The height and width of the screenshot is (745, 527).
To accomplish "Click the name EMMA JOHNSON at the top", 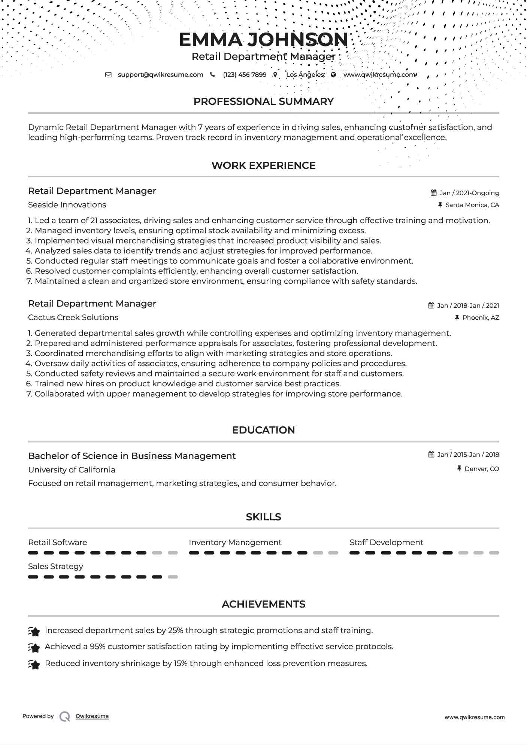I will click(x=263, y=40).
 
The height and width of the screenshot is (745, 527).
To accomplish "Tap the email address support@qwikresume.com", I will click(x=160, y=74).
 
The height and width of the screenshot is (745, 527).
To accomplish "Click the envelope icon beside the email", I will click(x=108, y=74).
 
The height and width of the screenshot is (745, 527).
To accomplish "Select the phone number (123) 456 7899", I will click(x=245, y=74).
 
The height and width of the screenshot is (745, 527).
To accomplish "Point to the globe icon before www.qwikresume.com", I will click(x=333, y=74).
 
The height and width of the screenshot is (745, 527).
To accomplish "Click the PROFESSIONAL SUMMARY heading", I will click(x=263, y=101).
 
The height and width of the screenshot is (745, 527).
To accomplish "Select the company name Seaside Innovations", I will click(x=67, y=205).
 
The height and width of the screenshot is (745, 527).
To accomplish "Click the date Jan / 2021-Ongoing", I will click(x=469, y=193).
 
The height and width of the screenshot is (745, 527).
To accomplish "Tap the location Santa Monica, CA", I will click(x=472, y=205).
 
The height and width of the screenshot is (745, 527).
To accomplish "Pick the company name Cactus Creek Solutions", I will click(x=73, y=317).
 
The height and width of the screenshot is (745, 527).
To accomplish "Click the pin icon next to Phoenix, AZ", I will click(x=457, y=317).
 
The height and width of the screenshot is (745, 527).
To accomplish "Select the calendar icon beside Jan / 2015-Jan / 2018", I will click(x=431, y=454).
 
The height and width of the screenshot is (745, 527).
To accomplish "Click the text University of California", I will click(x=72, y=470).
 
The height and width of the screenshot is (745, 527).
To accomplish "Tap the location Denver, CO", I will click(x=481, y=469).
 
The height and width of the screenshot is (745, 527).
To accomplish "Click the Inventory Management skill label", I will click(x=235, y=542).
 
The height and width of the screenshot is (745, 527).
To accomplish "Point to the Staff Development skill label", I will click(x=386, y=542).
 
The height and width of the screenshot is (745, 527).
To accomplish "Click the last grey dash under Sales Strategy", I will click(x=173, y=577).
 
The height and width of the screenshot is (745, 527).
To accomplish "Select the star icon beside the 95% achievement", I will click(x=34, y=647).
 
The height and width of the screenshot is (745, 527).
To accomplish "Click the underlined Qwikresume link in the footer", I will click(x=92, y=716).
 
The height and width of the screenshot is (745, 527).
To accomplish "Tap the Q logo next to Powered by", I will click(x=65, y=717).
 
